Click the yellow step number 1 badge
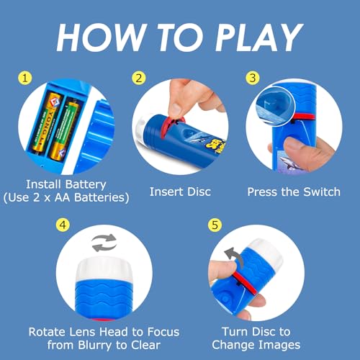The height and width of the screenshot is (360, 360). click(25, 78)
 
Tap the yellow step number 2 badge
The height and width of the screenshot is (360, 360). click(139, 78)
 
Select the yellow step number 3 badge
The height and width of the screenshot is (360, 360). click(253, 78)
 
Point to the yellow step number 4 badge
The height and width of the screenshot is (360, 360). click(63, 225)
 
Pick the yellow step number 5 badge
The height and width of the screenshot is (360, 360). click(215, 225)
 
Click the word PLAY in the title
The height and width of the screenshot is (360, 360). click(259, 37)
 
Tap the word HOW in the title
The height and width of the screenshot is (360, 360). click(102, 37)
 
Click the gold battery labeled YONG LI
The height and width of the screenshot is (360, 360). click(48, 122)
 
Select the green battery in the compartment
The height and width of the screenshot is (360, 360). click(63, 131)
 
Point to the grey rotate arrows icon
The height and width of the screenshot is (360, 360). click(104, 243)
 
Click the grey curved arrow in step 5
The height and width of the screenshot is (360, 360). click(234, 258)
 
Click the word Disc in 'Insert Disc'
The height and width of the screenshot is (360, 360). click(199, 192)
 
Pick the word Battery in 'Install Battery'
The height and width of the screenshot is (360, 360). click(86, 185)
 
